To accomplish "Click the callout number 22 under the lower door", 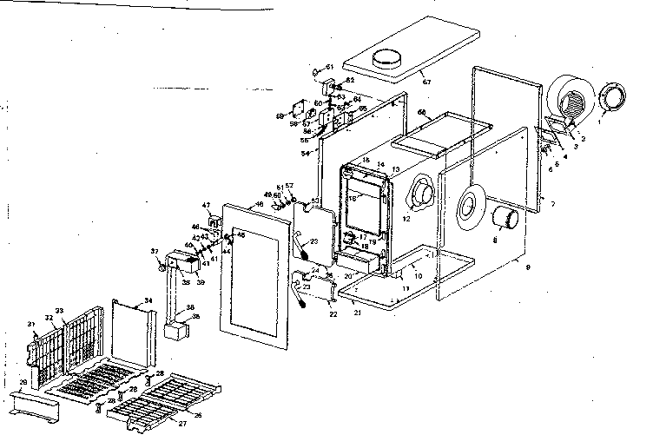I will coord(335,315).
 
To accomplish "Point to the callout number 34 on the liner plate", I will coord(148,300).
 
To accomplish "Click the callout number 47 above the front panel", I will coord(207,205).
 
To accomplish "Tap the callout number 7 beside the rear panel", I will coord(552,203).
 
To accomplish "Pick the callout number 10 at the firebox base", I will coord(419,275).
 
